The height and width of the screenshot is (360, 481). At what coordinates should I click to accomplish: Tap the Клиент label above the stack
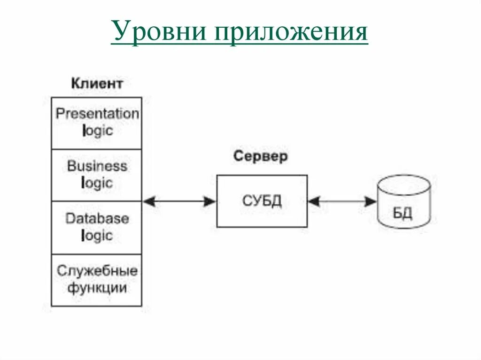point(97,84)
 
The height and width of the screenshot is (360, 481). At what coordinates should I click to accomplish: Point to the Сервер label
point(260,156)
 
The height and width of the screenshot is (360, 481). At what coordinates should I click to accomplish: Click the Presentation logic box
point(96,123)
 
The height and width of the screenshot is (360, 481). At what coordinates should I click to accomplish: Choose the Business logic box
point(96,175)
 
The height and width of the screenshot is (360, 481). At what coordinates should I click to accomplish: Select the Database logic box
point(96,228)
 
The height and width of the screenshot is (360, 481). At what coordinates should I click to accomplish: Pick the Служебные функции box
point(96,280)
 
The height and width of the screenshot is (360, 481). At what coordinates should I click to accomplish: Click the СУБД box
point(262,201)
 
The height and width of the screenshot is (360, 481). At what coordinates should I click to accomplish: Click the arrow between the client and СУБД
point(179,201)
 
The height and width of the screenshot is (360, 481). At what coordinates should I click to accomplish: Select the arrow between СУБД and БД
point(342,201)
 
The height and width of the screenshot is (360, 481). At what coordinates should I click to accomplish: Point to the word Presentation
point(97,114)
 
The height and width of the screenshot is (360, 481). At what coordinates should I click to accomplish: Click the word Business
point(97,166)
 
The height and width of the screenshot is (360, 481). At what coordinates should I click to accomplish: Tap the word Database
point(97,219)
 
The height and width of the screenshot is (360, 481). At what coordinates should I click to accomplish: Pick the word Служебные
point(97,271)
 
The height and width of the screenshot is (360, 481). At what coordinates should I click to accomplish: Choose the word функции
point(97,287)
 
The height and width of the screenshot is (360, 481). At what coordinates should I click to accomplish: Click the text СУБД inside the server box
point(262,201)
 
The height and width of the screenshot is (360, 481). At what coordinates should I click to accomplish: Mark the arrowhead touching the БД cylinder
point(372,201)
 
